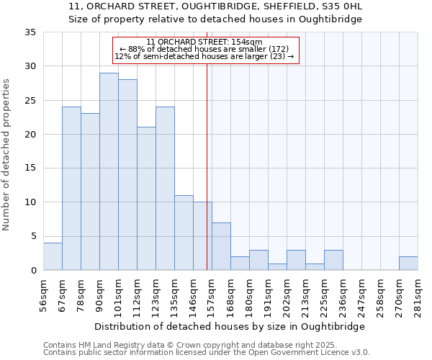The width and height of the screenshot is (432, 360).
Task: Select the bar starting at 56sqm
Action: pyautogui.click(x=53, y=256)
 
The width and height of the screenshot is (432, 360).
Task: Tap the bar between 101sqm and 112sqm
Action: pyautogui.click(x=127, y=175)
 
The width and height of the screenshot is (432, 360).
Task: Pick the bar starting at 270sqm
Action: pyautogui.click(x=408, y=264)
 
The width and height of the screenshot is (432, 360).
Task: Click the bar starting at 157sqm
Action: pyautogui.click(x=221, y=246)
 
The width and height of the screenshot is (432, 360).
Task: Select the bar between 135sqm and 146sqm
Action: pyautogui.click(x=184, y=233)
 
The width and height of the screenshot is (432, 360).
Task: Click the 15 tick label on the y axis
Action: pyautogui.click(x=30, y=168)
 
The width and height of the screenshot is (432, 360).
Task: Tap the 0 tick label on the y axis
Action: pyautogui.click(x=33, y=271)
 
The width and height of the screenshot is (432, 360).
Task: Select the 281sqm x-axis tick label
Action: pyautogui.click(x=418, y=296)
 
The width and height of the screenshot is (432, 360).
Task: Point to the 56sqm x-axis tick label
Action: pyautogui.click(x=44, y=296)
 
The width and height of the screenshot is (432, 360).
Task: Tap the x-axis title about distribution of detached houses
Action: pyautogui.click(x=230, y=326)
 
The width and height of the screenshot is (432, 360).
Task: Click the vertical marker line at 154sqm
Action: pyautogui.click(x=207, y=180)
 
